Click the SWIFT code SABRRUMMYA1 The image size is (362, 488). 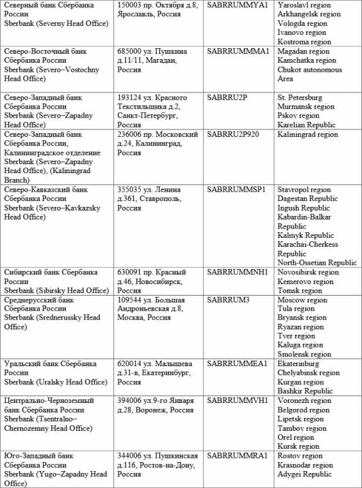(x=237, y=5)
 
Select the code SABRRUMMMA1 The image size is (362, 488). (x=238, y=51)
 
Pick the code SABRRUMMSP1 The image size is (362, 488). (x=237, y=189)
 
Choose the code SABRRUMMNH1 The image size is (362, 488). (x=237, y=272)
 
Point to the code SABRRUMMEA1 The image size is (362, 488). (x=237, y=364)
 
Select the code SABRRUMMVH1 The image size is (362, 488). (x=237, y=401)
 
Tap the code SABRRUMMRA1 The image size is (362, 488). (x=237, y=456)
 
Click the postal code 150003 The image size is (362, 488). (x=129, y=5)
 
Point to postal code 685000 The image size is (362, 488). (x=129, y=51)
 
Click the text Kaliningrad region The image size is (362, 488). (x=308, y=135)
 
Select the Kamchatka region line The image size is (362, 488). (x=306, y=60)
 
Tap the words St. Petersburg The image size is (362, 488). (x=300, y=98)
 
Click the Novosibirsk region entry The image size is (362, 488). (x=308, y=272)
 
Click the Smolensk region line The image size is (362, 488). (x=304, y=355)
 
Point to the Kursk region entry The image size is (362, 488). (x=298, y=446)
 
